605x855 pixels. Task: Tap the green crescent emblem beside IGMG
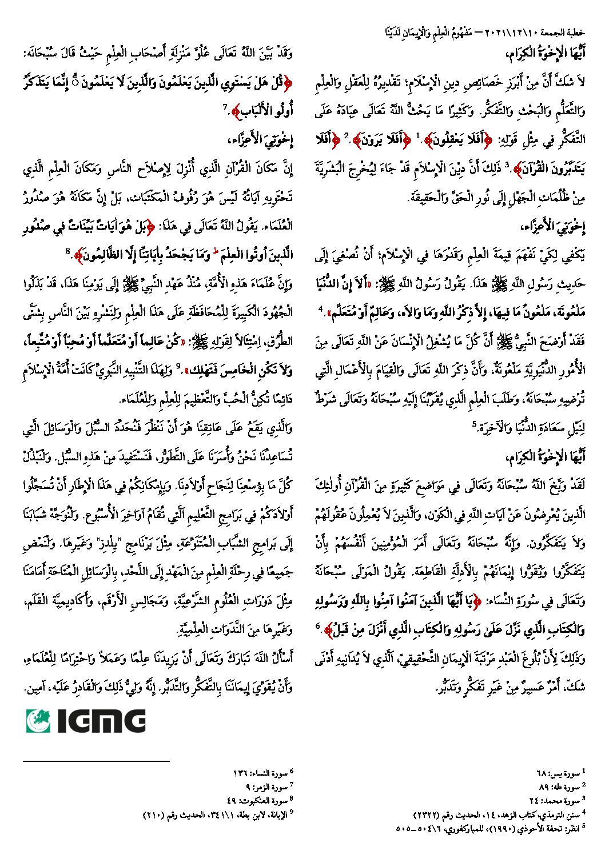(38, 720)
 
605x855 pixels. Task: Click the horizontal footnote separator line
(97, 761)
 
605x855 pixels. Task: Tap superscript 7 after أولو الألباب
(225, 107)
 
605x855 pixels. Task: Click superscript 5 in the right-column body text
(473, 424)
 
